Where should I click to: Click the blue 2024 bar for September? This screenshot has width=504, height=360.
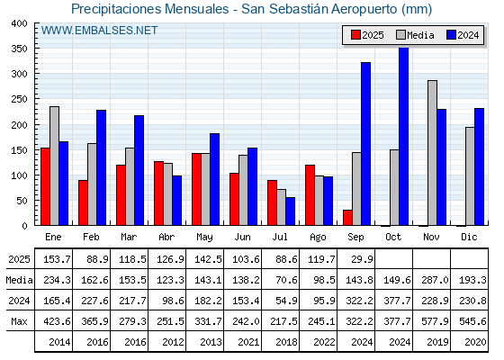365,144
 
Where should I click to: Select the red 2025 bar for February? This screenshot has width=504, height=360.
83,202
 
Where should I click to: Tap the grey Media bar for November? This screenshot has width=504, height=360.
432,153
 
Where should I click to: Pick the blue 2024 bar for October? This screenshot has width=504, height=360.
404,136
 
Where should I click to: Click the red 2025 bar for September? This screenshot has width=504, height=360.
347,218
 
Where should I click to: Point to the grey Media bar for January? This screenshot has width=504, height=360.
54,166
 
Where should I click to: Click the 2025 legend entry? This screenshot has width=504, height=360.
367,35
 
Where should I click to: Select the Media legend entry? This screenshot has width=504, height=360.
415,35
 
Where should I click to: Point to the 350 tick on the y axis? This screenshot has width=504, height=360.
36,49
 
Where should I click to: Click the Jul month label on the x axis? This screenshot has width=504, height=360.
280,237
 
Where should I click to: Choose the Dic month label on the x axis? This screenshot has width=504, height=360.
469,237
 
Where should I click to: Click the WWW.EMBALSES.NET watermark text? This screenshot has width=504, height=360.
99,31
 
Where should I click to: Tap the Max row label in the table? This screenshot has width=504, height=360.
19,321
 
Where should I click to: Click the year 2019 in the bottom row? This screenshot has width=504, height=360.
437,342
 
